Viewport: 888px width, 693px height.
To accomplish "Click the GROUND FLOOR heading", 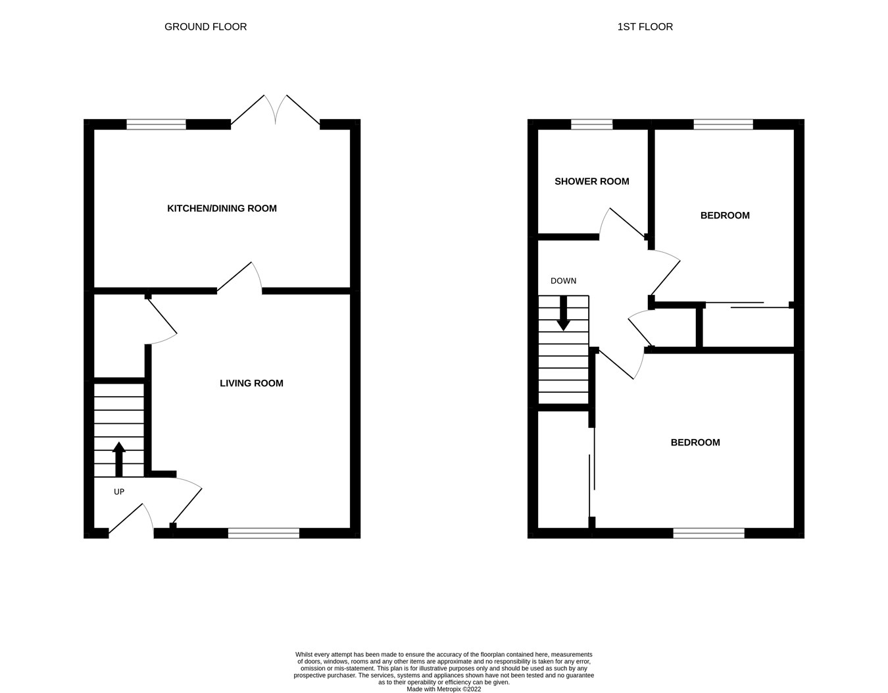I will point(205,27).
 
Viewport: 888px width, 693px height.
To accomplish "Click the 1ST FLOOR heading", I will point(645,27).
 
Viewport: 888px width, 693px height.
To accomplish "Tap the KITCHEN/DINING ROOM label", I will point(222,209).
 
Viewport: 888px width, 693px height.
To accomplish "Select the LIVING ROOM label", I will point(251,384).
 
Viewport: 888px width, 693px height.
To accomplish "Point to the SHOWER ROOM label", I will point(591,182).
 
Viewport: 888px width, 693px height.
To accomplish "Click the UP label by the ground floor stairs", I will point(119,492).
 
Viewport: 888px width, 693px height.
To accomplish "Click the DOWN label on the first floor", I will point(563,281).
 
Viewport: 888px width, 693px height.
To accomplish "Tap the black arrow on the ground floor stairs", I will point(119,459).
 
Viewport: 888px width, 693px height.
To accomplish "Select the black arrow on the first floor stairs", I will point(563,313).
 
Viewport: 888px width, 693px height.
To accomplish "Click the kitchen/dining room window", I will point(157,124).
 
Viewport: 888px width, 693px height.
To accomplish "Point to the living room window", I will point(264,533).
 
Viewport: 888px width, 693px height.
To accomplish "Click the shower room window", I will point(591,124).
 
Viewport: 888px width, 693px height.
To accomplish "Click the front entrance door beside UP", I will point(130,519).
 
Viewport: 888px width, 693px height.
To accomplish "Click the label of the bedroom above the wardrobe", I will point(725,216).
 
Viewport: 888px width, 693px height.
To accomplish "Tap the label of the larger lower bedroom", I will point(695,443).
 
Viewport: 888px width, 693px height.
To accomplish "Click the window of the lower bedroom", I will point(708,533).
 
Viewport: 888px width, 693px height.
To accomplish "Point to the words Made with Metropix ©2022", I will point(444,689).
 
